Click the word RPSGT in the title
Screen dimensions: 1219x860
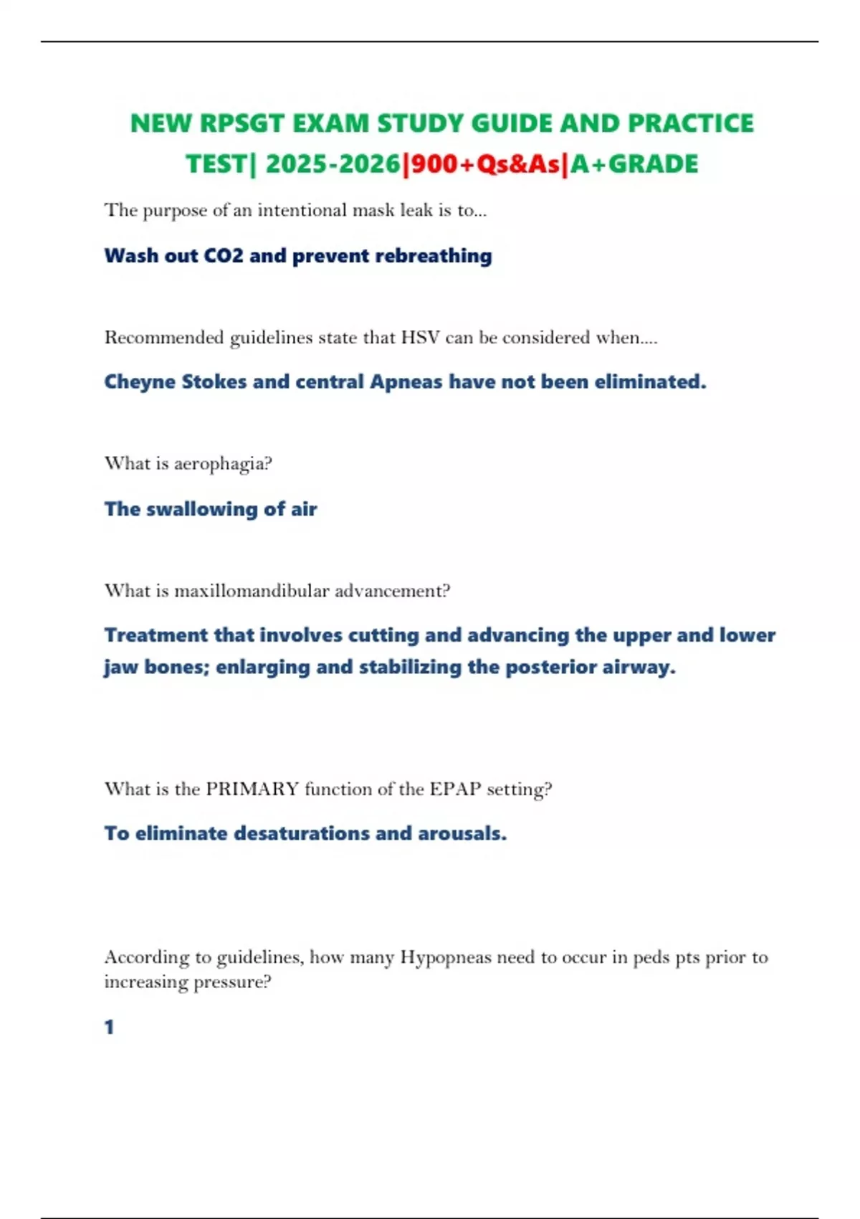coord(242,123)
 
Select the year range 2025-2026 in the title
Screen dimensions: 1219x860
coord(333,164)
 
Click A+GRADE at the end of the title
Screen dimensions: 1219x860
coord(634,164)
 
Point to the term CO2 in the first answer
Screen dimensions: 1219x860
coord(224,256)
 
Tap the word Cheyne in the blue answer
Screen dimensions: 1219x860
coord(140,381)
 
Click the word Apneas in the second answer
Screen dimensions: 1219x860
coord(406,381)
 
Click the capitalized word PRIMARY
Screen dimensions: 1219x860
coord(252,789)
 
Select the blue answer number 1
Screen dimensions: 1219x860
coord(109,1028)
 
